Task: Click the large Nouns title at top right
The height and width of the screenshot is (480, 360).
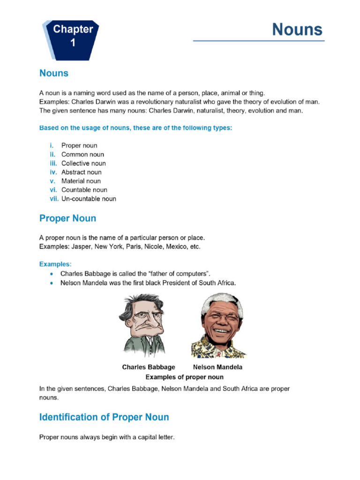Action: [298, 30]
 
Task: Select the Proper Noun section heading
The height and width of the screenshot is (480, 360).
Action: [67, 218]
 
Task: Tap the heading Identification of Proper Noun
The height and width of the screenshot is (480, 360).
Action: [104, 417]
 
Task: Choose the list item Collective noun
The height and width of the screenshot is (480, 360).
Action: [83, 163]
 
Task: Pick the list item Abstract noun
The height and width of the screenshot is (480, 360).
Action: [81, 172]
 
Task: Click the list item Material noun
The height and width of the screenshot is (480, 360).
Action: [81, 181]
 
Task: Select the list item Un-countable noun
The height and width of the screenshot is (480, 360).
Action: [89, 199]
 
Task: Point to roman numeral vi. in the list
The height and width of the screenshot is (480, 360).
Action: [53, 190]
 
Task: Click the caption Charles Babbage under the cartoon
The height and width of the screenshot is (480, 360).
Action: [148, 367]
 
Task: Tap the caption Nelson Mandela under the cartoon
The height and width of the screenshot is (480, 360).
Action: [217, 367]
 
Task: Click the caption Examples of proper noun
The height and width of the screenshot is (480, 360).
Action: [184, 377]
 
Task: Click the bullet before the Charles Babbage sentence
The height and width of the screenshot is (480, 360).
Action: [51, 273]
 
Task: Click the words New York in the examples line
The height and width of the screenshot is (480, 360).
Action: [108, 247]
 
